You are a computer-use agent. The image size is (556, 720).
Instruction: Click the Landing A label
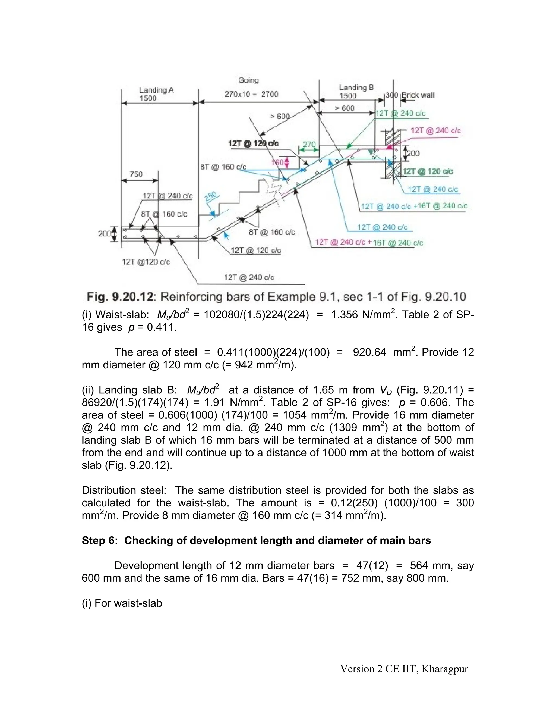tap(156, 90)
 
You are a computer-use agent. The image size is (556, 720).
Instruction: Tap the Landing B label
tap(356, 87)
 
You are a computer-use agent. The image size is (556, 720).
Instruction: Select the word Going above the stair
tap(248, 80)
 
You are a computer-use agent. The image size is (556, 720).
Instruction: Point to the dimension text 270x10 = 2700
tap(251, 94)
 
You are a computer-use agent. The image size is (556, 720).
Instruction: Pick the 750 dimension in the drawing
tap(136, 174)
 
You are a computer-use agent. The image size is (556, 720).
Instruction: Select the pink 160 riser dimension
tap(278, 162)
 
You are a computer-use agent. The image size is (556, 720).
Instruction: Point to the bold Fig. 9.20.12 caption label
tap(120, 297)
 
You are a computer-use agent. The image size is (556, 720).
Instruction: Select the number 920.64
tap(369, 352)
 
